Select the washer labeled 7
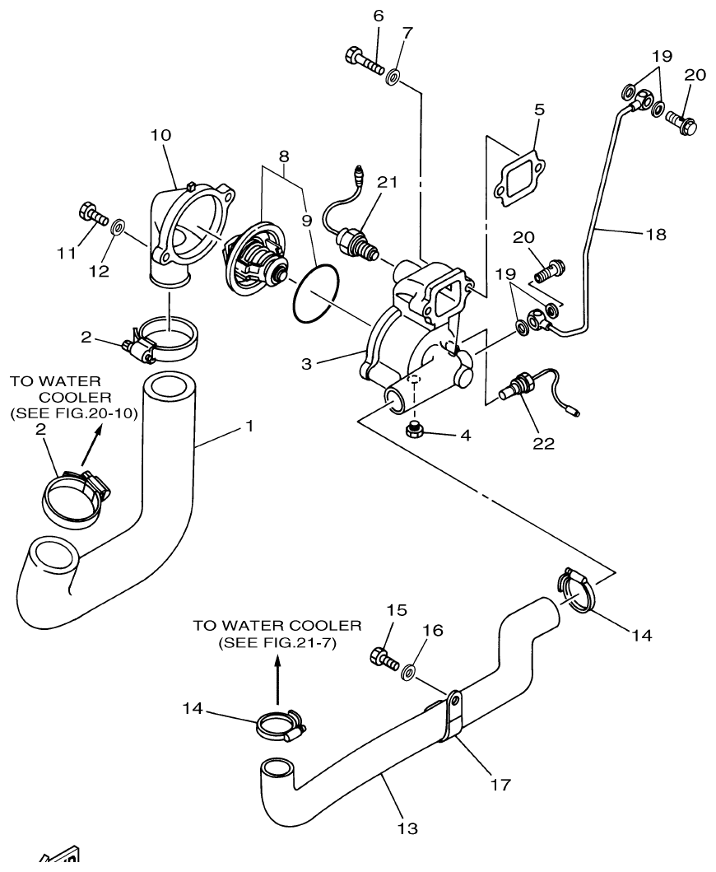coord(393,78)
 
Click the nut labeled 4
coord(416,429)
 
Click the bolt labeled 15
coord(384,658)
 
